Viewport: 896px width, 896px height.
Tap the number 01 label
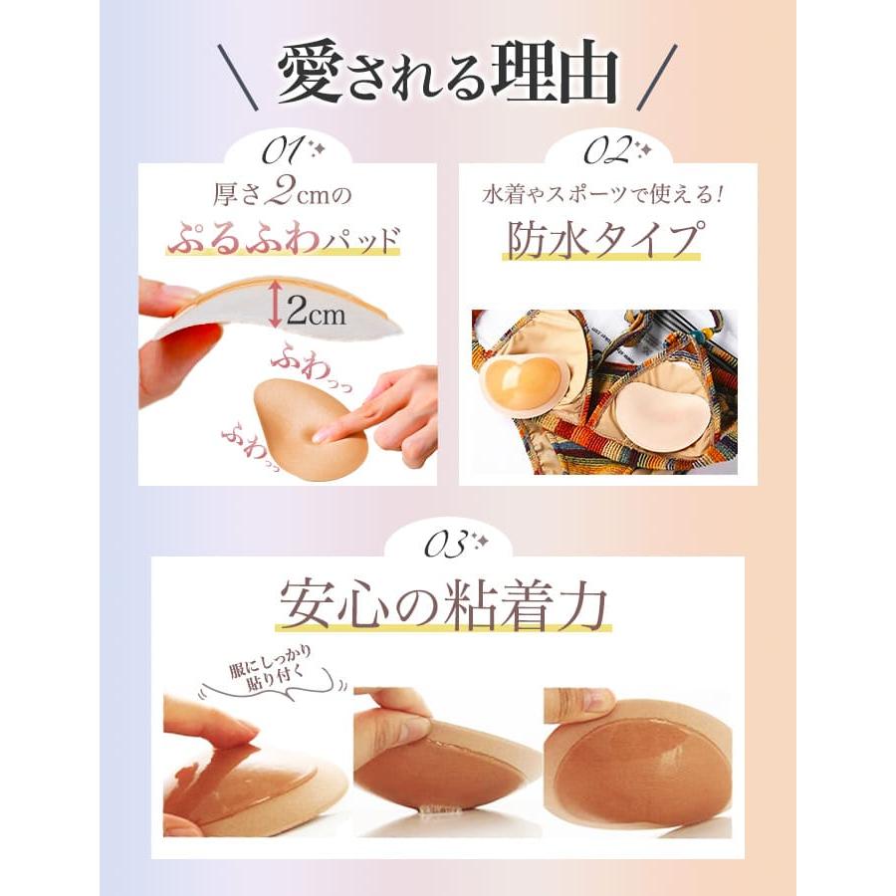coord(283,151)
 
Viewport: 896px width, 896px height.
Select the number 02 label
coord(604,151)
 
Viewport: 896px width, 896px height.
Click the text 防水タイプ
coord(606,242)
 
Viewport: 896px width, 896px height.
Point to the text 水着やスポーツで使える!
coord(607,191)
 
